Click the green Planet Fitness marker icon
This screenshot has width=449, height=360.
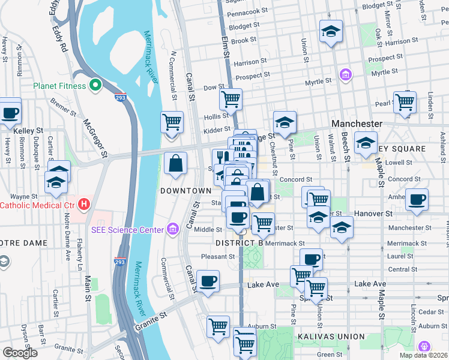click(x=94, y=86)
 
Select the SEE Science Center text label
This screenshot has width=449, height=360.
click(x=127, y=229)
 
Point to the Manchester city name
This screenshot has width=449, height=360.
click(x=357, y=124)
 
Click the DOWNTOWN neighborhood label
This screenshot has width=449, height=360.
click(x=185, y=190)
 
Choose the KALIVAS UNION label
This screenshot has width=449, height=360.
click(x=328, y=337)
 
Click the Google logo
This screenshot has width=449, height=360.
click(x=20, y=353)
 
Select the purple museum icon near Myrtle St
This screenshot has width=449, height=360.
click(x=345, y=74)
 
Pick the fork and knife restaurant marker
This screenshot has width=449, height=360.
click(x=220, y=158)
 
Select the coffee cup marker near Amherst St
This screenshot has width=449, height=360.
click(x=416, y=199)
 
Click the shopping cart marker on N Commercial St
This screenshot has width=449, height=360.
click(x=172, y=121)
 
